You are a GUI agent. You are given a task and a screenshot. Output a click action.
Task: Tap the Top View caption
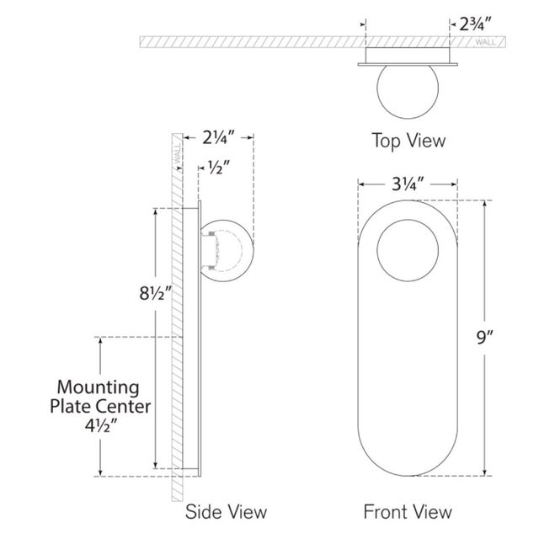408,141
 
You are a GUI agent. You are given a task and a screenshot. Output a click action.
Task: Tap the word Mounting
97,387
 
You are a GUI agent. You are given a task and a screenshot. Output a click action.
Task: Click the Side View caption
227,511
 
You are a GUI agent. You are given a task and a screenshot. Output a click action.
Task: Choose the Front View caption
408,511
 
